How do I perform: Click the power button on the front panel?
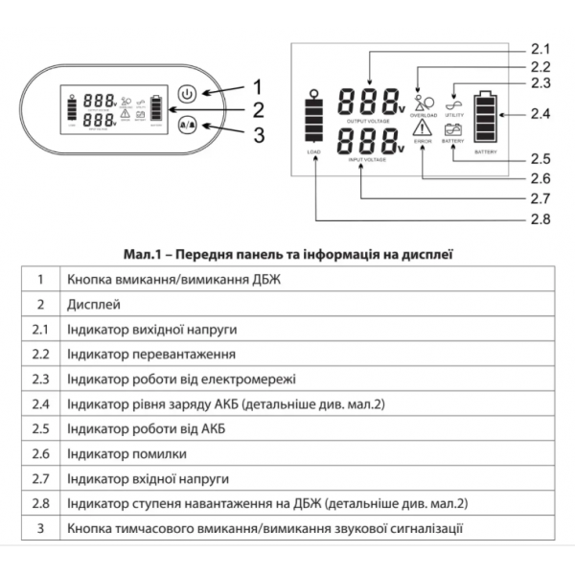188,94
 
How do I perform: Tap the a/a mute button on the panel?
188,124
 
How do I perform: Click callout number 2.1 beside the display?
541,49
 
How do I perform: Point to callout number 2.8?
541,218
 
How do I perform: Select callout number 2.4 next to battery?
541,114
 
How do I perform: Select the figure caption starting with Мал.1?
287,255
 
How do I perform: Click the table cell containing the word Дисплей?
94,305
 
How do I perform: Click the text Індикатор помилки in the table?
127,453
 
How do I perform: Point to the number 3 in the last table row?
40,528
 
